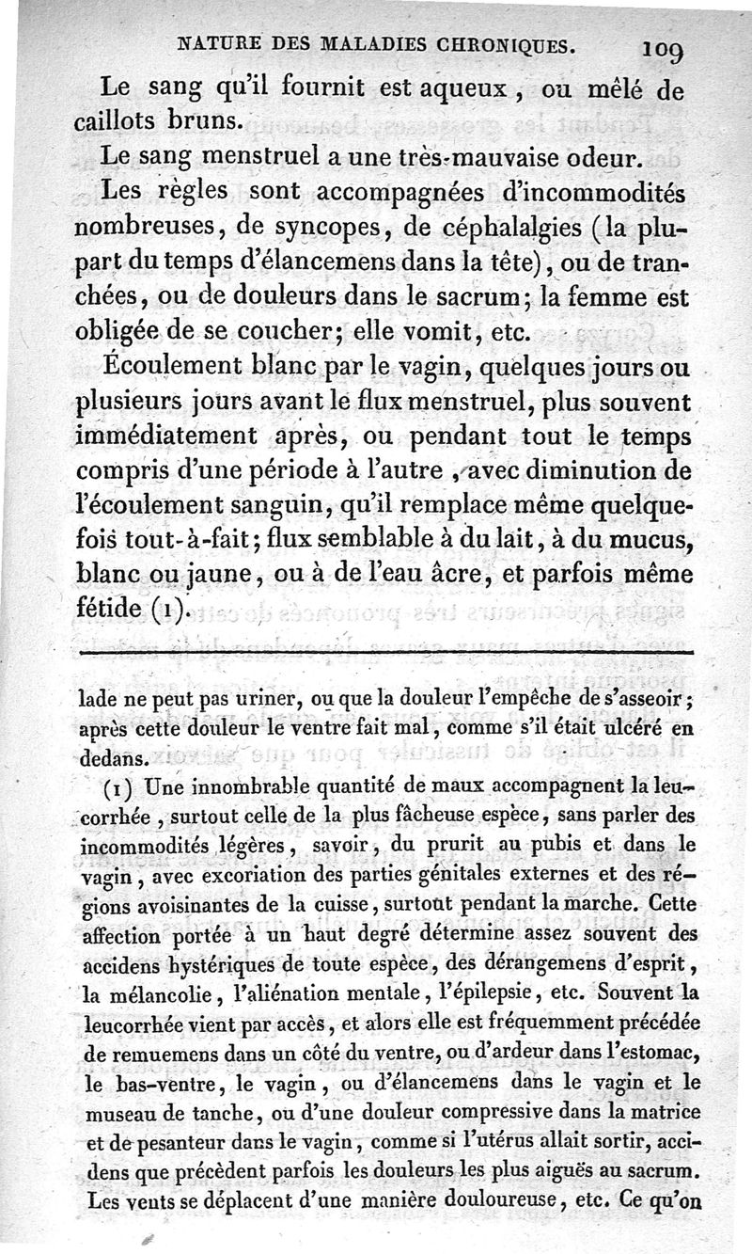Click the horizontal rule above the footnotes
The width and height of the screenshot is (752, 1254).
click(385, 653)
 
